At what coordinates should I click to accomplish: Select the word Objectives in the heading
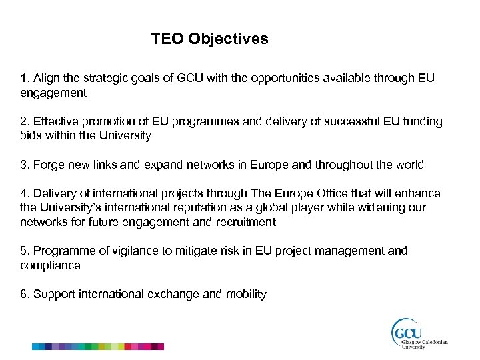[228, 39]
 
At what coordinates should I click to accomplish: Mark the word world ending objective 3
[408, 164]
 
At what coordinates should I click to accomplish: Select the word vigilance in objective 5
[129, 251]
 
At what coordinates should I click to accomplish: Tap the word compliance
[50, 265]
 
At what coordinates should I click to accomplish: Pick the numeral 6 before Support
[23, 294]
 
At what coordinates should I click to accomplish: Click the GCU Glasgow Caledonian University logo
[419, 333]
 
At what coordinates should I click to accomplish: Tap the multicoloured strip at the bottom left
[98, 347]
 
